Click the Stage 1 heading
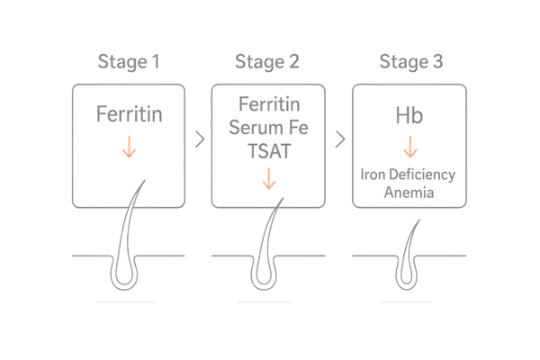tap(129, 62)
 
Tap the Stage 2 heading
tap(267, 62)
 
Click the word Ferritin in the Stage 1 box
tap(129, 116)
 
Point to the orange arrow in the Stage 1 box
tap(129, 148)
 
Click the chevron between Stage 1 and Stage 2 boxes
tap(198, 140)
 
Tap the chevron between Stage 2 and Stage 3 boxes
tap(337, 140)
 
